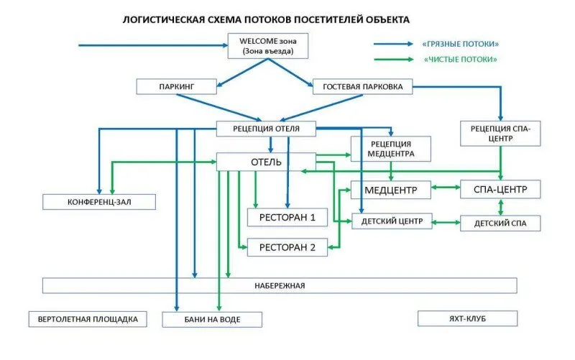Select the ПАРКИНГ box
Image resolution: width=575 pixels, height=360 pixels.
point(177,87)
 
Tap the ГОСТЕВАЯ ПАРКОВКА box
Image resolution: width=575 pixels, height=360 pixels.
point(363,87)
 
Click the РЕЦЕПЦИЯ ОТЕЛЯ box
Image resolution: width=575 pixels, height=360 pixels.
point(267,129)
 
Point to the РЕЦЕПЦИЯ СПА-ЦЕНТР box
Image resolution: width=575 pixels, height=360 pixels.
point(501,133)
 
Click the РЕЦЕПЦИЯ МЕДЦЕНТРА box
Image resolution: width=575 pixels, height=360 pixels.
point(392,148)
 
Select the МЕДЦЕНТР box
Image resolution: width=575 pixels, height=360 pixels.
point(390,190)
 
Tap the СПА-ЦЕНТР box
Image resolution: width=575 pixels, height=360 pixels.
point(500,190)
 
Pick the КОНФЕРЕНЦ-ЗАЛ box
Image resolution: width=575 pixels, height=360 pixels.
point(99,202)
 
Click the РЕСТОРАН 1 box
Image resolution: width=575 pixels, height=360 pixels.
point(287,216)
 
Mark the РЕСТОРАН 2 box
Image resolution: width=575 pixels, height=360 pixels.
point(287,248)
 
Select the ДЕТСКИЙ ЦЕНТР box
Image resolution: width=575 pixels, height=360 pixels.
point(392,221)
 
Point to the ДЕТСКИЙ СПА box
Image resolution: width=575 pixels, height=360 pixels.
point(500,223)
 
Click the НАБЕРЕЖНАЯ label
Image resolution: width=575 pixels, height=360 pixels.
point(280,286)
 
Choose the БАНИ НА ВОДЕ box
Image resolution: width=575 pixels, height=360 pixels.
point(213,319)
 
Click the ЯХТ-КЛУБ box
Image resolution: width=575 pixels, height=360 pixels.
point(466,318)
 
